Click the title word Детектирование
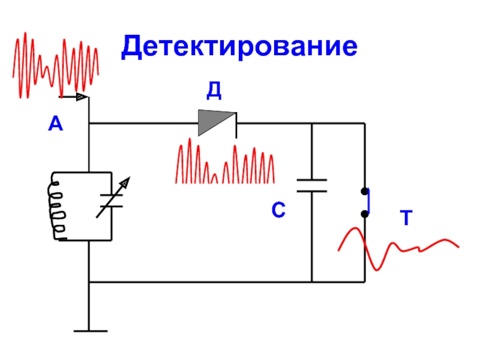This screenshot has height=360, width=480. (239, 47)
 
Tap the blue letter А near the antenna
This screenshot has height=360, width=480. (55, 124)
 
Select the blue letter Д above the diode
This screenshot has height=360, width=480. (214, 91)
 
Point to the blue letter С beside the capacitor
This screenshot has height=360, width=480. (278, 209)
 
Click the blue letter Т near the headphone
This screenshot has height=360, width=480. (406, 218)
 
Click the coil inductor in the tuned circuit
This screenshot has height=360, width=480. (56, 206)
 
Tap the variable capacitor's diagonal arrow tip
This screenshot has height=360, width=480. (130, 177)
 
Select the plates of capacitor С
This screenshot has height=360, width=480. (312, 186)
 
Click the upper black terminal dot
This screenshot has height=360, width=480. (364, 191)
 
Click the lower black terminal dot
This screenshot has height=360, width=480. (364, 214)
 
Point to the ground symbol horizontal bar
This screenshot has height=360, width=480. (91, 331)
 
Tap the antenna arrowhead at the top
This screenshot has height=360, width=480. (82, 97)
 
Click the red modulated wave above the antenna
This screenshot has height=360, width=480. (56, 65)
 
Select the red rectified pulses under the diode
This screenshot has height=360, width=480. (225, 161)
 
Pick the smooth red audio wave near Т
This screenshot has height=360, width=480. (398, 248)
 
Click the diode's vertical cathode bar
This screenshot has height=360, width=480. (236, 125)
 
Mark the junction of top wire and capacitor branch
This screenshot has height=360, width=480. (312, 124)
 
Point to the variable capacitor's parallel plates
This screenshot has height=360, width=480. (112, 200)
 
